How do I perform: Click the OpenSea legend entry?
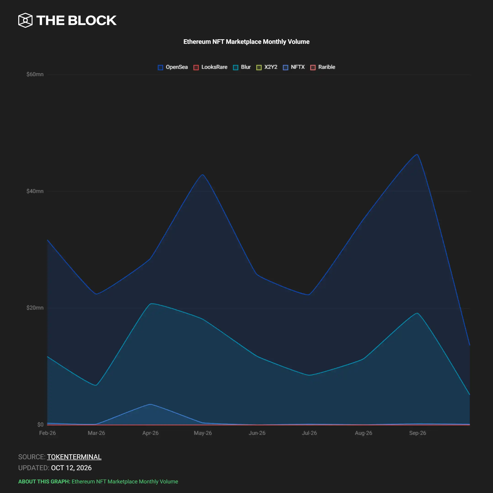click(173, 67)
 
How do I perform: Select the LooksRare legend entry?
click(210, 67)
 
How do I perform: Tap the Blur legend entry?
click(242, 67)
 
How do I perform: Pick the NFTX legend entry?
click(294, 67)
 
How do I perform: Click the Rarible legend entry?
click(323, 67)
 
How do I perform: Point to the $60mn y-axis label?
click(35, 74)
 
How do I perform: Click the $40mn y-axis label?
click(35, 191)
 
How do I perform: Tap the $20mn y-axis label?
click(35, 308)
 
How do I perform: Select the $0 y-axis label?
click(40, 424)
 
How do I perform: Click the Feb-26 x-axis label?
click(47, 433)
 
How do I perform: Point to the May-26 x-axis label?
click(203, 433)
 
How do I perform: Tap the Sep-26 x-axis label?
click(418, 433)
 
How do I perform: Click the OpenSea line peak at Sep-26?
click(417, 154)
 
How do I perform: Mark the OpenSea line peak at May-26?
click(203, 175)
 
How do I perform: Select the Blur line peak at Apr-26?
click(151, 304)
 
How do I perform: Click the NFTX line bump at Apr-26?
click(151, 404)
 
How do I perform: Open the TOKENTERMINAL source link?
click(74, 457)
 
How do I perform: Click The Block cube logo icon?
click(25, 20)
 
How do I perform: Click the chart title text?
click(246, 42)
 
